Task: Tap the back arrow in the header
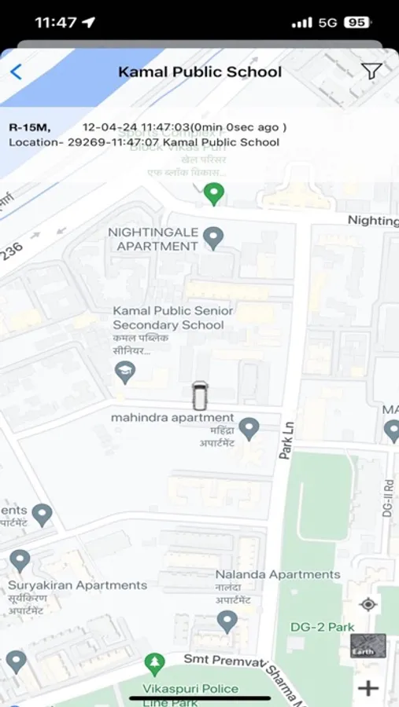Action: coord(16,72)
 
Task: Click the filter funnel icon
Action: coord(371,71)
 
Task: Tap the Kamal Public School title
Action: coord(199,72)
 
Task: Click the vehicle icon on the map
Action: coord(200,395)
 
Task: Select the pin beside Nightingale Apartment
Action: coord(212,236)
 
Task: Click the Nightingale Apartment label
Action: coord(153,240)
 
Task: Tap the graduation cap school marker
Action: coord(124,372)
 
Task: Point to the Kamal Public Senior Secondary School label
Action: coord(168,318)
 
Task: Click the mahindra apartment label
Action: coord(172,418)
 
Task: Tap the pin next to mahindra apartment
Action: coord(249,428)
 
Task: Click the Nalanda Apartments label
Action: coord(278,574)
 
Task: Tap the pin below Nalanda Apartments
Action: coord(227,621)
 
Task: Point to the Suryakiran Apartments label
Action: coord(77,585)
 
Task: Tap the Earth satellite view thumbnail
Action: coord(368,646)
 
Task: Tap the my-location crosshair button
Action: coord(368,604)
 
